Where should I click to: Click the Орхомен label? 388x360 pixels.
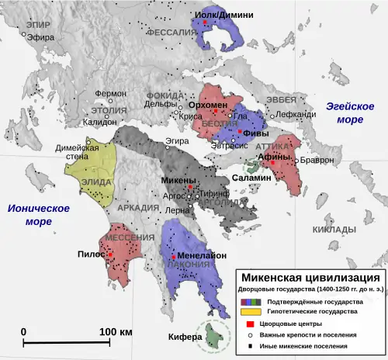206,104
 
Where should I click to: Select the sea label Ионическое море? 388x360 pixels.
36,215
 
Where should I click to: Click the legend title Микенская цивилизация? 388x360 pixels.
310,277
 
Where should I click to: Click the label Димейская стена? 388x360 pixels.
81,153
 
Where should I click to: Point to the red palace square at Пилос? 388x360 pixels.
110,254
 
